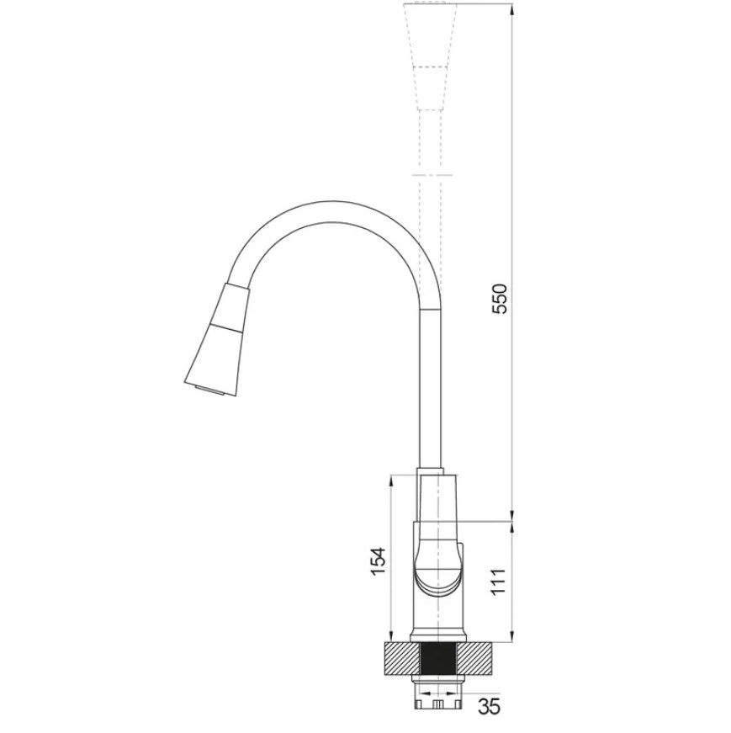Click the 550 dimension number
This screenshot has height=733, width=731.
coord(499,299)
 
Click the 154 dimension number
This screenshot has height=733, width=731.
coord(378,561)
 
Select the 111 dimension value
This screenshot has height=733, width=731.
coord(499,582)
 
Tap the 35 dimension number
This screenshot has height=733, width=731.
coord(489,706)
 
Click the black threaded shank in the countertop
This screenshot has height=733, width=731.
coord(438,659)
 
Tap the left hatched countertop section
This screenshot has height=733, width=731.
coord(402,659)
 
